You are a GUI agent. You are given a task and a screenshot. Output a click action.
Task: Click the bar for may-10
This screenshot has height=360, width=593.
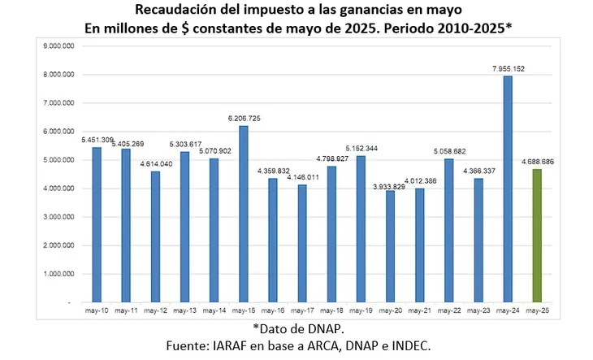(x=97, y=224)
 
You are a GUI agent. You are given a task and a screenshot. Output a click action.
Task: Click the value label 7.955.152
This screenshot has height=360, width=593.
(x=509, y=69)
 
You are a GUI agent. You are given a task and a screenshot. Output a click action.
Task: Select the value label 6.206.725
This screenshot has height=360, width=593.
(x=244, y=119)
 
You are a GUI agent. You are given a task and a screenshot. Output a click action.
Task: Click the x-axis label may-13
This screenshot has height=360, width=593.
(x=184, y=310)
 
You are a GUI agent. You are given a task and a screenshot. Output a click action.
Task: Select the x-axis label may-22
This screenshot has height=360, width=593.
(x=448, y=310)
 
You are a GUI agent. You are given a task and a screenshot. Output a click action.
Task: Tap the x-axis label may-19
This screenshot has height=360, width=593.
(x=361, y=310)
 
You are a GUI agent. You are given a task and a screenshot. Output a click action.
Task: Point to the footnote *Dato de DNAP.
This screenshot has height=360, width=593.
(x=296, y=328)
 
